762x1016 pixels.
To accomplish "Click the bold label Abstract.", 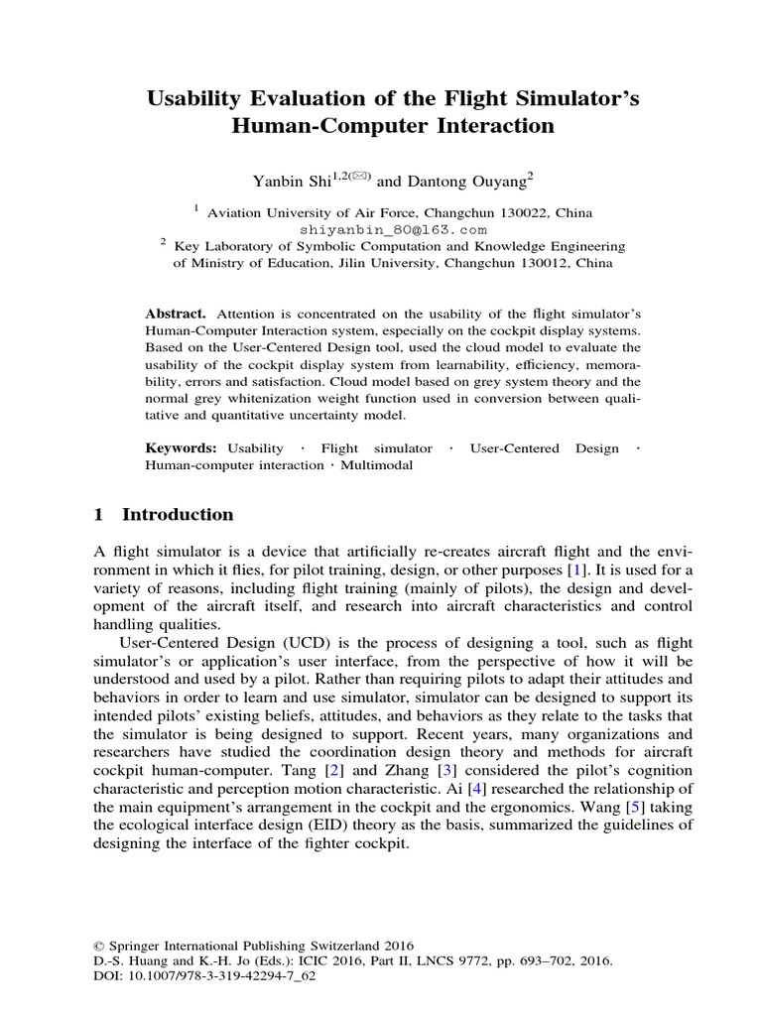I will pyautogui.click(x=174, y=312).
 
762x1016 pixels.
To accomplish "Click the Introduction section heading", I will pyautogui.click(x=177, y=514).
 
